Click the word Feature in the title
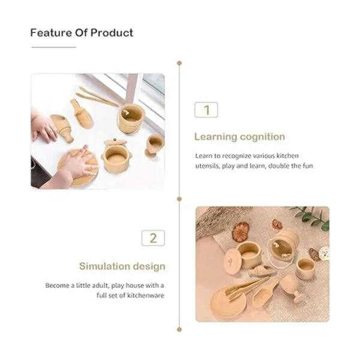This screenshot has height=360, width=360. (x=51, y=33)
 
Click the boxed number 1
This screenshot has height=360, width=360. (x=206, y=110)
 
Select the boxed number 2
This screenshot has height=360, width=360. (x=153, y=238)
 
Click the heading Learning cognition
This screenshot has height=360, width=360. (x=239, y=137)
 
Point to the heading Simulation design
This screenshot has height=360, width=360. (x=122, y=266)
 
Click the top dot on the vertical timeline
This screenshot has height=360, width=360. (x=179, y=63)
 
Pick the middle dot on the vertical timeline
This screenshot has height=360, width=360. (x=179, y=199)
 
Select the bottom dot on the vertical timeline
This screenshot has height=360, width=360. (x=179, y=329)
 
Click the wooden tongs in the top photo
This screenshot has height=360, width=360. (x=97, y=97)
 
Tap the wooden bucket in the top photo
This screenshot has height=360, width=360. (x=131, y=119)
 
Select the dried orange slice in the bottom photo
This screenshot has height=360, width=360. (x=241, y=232)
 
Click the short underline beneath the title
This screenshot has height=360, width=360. (x=54, y=47)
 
